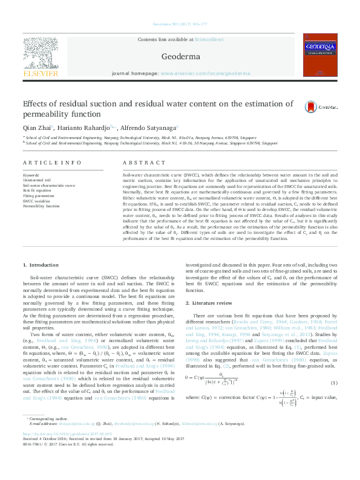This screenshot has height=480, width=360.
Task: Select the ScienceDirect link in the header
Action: [209, 39]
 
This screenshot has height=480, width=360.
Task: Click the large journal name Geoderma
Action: [181, 56]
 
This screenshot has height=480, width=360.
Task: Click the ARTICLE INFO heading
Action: [52, 163]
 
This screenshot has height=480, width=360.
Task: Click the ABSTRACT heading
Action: [143, 163]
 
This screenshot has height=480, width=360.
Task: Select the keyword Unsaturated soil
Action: [38, 180]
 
